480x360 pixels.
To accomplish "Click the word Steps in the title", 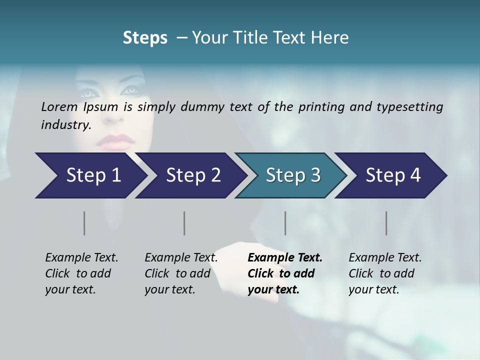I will (145, 38).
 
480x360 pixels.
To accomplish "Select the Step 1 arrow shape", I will (90, 175).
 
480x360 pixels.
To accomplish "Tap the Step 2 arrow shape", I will (190, 175).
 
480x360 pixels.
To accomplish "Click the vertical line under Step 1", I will (84, 223).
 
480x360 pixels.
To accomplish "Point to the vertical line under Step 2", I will (184, 223).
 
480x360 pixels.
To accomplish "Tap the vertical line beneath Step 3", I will (285, 223).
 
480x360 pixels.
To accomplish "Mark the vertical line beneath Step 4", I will (386, 223).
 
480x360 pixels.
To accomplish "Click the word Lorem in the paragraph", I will (59, 107).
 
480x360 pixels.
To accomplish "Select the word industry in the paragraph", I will (65, 125).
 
